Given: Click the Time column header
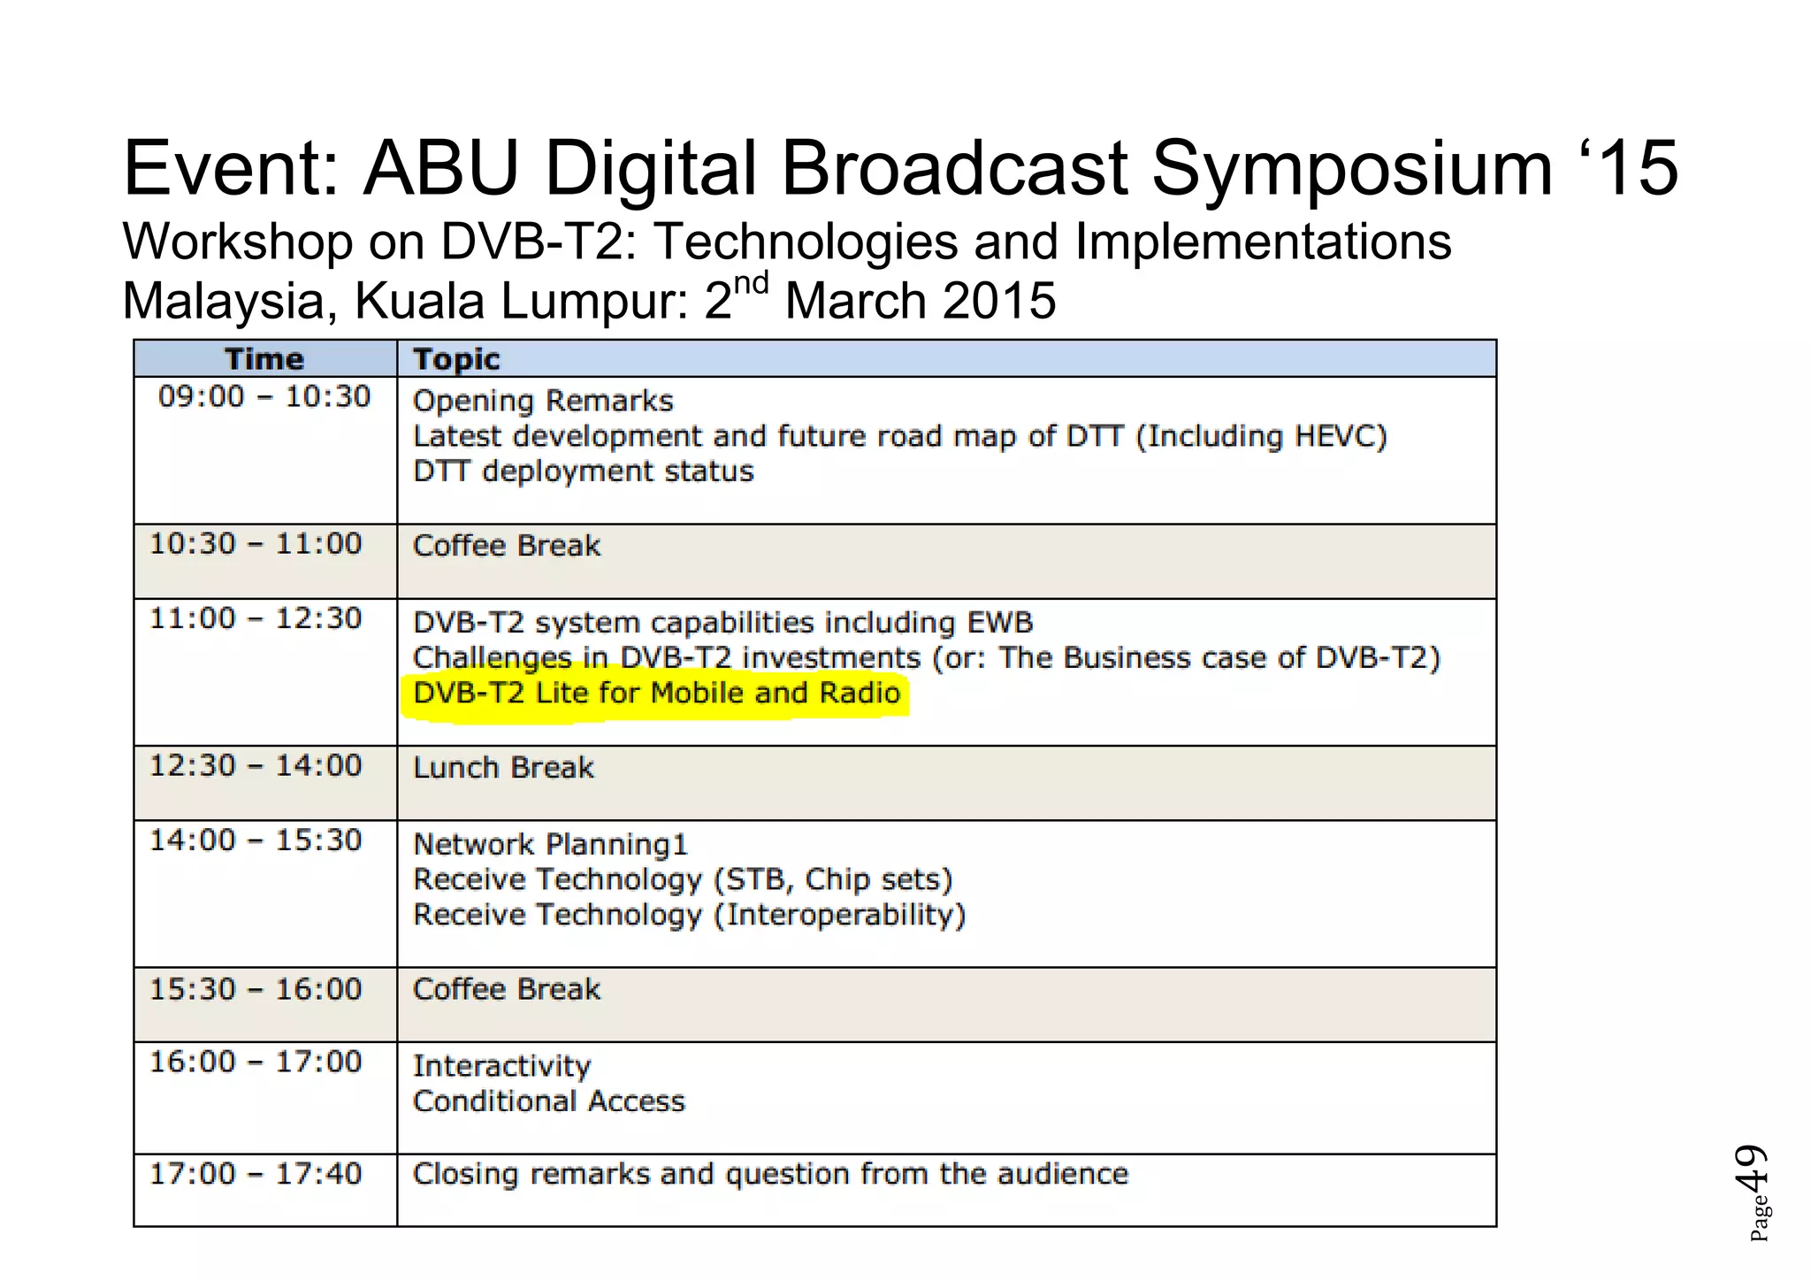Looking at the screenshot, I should [264, 359].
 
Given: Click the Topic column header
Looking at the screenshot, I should [456, 359].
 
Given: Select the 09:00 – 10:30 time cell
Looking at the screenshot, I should [264, 396].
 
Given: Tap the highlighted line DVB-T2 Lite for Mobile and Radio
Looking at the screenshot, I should [656, 693].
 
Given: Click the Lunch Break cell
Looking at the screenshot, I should [503, 768].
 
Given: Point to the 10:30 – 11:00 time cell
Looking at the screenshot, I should [256, 543].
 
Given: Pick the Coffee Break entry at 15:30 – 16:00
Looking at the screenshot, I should [507, 989].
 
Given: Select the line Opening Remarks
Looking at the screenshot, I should [543, 402].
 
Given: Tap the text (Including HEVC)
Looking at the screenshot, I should [1261, 436].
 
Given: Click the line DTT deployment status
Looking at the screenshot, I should [584, 472].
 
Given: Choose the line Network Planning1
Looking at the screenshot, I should [550, 845].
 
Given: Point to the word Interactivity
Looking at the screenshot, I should [501, 1067].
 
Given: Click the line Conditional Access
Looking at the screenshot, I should [549, 1101].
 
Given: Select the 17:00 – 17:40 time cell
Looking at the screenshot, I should [256, 1174].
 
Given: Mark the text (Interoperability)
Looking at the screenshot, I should [839, 915].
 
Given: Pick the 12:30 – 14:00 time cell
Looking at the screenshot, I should [256, 765].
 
